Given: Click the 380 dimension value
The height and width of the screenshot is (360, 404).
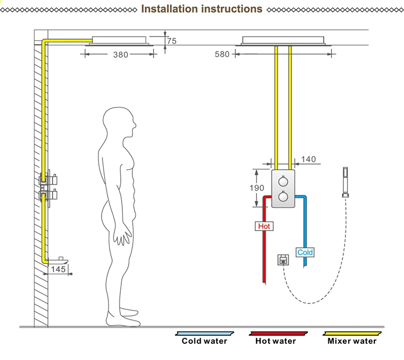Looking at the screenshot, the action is point(121,55).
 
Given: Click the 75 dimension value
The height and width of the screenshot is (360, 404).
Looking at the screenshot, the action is point(172,41).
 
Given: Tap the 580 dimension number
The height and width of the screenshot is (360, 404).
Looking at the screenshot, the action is point(222,54).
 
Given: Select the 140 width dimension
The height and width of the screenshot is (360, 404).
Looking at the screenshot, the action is point(309,159).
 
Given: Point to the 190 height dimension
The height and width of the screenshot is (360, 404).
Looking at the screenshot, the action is point(257,188).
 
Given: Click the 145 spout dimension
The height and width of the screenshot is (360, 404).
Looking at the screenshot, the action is point(58,269).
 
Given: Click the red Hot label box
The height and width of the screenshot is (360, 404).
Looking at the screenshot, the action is point(264,226).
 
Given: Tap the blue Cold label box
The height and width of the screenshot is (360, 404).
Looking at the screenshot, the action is point(305,252).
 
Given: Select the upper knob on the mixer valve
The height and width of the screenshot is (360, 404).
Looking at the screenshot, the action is point(283,182).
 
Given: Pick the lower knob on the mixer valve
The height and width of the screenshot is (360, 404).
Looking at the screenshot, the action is point(283,197).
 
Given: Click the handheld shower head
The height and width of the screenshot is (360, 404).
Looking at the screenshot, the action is point(345,183).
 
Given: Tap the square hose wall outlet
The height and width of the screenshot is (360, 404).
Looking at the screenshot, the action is point(283,260).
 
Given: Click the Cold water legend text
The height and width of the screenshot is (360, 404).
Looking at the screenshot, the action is point(205,341).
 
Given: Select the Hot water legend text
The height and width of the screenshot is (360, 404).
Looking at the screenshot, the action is point(276,341).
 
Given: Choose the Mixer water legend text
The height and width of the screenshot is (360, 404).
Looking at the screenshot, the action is point(352,341).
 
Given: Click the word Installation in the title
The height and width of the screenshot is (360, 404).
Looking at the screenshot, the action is point(170,9).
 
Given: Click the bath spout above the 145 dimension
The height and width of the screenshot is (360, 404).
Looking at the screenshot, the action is point(58,261).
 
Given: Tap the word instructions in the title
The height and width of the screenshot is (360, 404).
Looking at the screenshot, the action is point(232,9).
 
